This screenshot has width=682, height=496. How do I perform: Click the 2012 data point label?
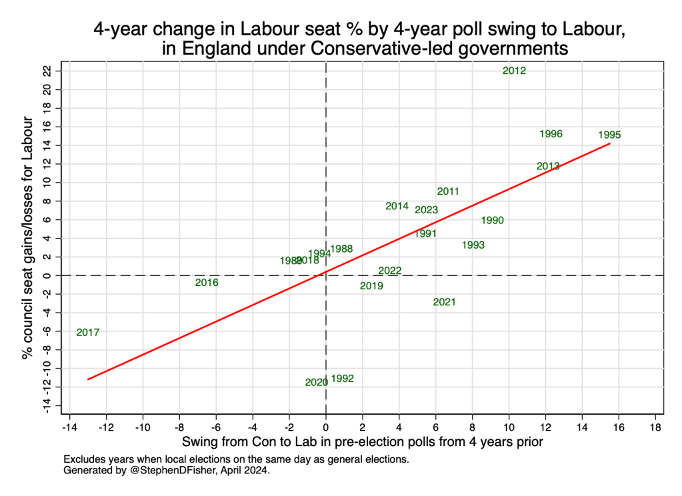[514, 71]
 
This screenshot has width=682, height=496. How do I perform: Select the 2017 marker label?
[87, 332]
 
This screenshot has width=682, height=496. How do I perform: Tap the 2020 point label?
[316, 383]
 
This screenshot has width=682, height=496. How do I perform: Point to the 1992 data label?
[342, 379]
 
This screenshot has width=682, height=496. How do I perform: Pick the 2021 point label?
[444, 302]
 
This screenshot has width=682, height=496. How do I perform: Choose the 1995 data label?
[609, 135]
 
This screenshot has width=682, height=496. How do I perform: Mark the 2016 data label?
[207, 283]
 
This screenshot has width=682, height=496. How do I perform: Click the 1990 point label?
[492, 221]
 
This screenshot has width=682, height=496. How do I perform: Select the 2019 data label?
[371, 286]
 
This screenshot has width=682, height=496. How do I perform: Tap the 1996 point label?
[551, 134]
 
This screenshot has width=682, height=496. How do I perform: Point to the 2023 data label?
[426, 210]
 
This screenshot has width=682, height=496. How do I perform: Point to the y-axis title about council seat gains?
[28, 238]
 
